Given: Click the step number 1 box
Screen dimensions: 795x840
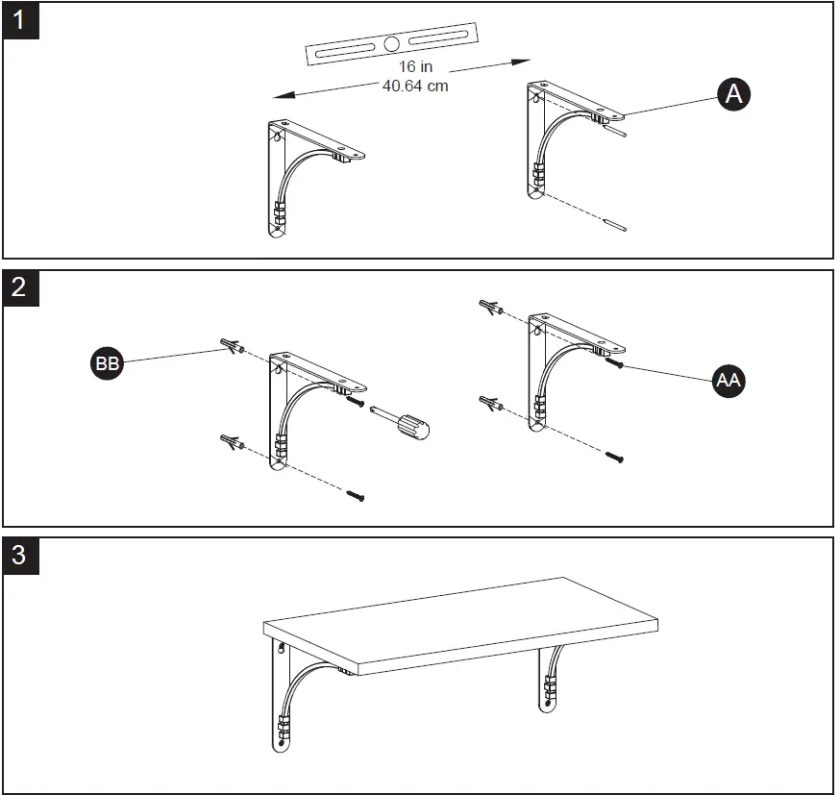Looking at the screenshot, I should pos(21,20).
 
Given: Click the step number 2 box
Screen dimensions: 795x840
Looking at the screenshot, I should pos(21,287).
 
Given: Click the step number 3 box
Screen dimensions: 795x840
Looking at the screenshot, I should pos(21,555).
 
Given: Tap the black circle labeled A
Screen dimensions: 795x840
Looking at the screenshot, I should pos(733,94).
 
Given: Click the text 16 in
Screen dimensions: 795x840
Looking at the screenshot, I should pos(415,67).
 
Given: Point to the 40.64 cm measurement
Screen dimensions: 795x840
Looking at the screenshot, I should pos(415,85).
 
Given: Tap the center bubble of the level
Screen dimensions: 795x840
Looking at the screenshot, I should pos(391,44).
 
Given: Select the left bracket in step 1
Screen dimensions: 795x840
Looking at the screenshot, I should pos(298,173).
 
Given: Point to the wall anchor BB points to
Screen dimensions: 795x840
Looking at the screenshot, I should pos(231,345).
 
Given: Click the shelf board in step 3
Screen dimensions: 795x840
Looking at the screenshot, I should pos(461,620).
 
